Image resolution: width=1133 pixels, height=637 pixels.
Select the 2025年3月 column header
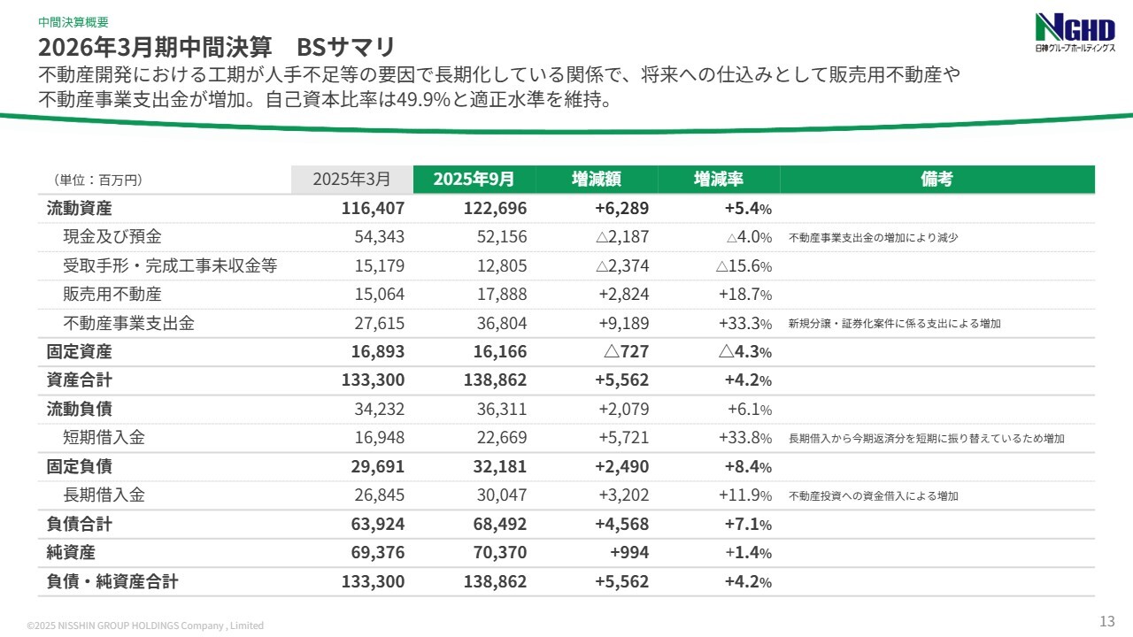pyautogui.click(x=351, y=179)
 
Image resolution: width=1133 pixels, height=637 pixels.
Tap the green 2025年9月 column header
pyautogui.click(x=474, y=179)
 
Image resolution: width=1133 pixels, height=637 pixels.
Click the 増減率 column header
pyautogui.click(x=718, y=179)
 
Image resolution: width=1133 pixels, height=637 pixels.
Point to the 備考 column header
pyautogui.click(x=936, y=179)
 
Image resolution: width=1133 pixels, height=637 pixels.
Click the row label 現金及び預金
pyautogui.click(x=112, y=237)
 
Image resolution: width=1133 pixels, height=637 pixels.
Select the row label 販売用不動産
pyautogui.click(x=112, y=295)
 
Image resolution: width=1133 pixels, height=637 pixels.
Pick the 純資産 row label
pyautogui.click(x=71, y=553)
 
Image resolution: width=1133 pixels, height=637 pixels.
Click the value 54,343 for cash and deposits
pyautogui.click(x=379, y=237)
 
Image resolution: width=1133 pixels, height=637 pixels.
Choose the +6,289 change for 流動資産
pyautogui.click(x=622, y=209)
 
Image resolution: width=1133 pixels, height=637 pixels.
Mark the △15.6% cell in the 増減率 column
pyautogui.click(x=744, y=266)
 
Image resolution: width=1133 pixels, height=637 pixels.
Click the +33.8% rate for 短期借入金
pyautogui.click(x=744, y=439)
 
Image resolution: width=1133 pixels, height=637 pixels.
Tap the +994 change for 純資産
pyautogui.click(x=629, y=553)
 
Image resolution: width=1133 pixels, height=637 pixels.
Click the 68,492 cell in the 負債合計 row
pyautogui.click(x=496, y=525)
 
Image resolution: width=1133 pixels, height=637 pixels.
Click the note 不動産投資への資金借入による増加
pyautogui.click(x=873, y=496)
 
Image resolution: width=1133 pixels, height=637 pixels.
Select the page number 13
pyautogui.click(x=1106, y=619)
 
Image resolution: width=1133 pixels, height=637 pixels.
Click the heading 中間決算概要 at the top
pyautogui.click(x=73, y=22)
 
